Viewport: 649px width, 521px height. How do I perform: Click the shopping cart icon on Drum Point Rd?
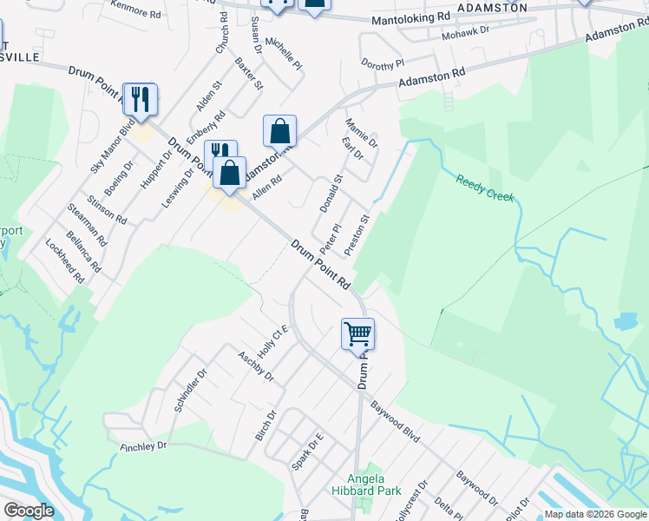(357, 333)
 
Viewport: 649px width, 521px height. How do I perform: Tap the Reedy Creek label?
(485, 187)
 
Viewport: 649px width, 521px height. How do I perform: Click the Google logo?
(29, 511)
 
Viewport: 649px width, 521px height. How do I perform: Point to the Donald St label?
(331, 194)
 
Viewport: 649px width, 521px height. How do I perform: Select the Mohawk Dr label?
(466, 30)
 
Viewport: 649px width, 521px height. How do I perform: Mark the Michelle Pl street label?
(284, 54)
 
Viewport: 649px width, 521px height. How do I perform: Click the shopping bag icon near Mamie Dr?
(279, 132)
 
